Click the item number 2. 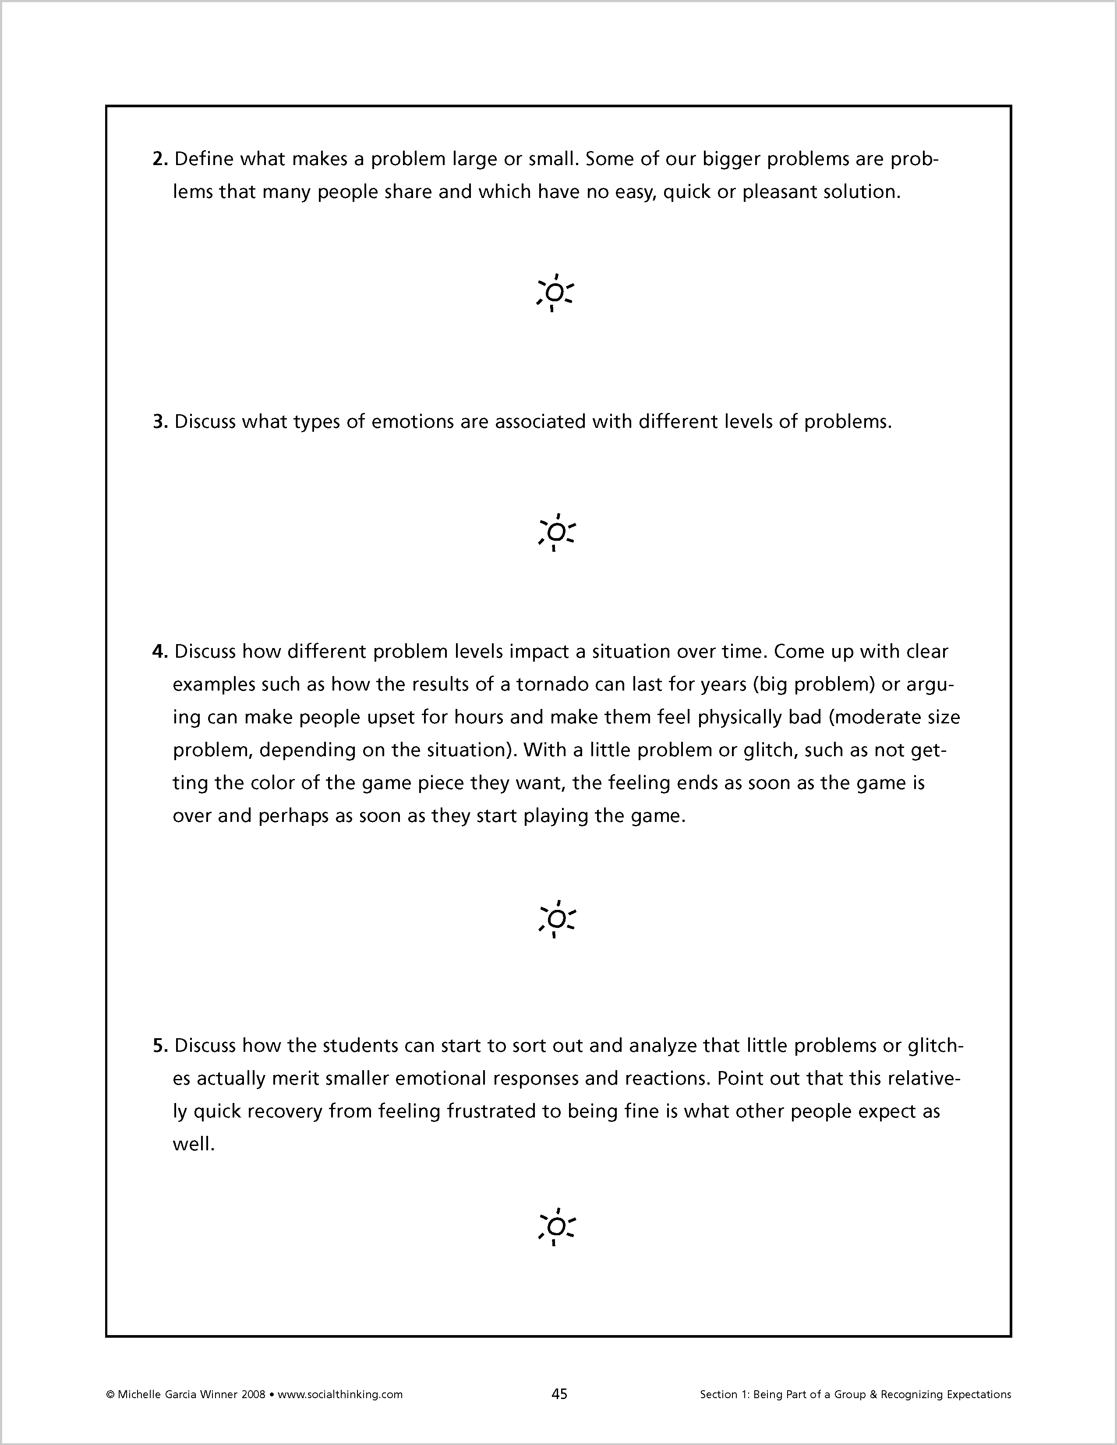(160, 159)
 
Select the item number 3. (160, 422)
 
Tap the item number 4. (160, 652)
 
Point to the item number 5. (160, 1046)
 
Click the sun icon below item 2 (555, 293)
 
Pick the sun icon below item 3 (557, 532)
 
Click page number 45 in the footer (559, 1394)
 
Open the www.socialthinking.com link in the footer (339, 1395)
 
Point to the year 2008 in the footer (254, 1395)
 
